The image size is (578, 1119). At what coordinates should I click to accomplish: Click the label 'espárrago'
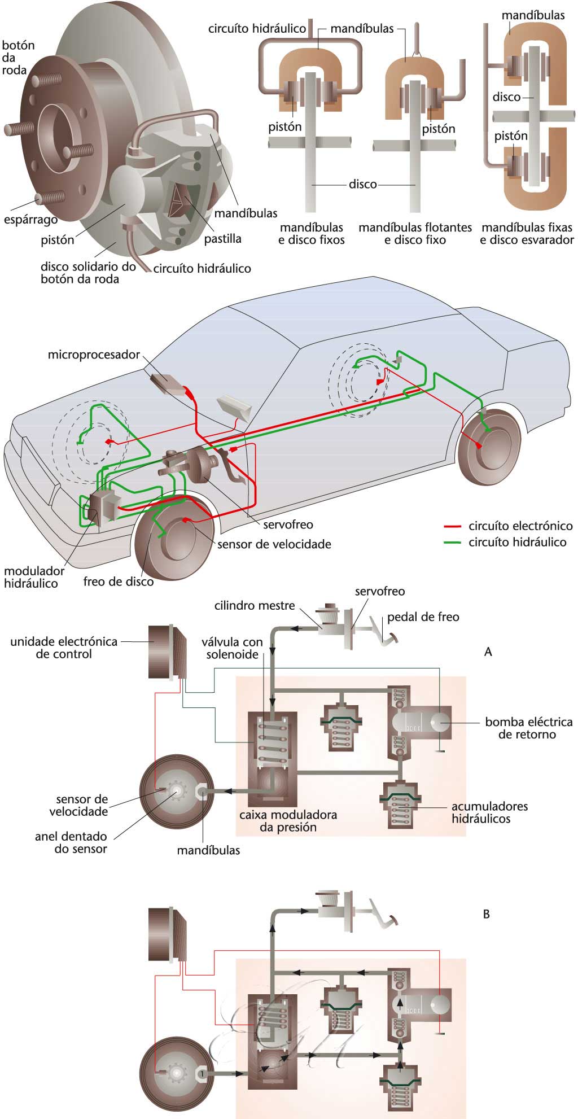(30, 220)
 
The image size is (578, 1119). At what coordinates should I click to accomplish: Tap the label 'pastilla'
(222, 239)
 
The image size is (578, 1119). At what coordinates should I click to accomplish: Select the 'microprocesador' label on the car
(94, 355)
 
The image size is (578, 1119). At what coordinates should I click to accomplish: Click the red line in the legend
(453, 526)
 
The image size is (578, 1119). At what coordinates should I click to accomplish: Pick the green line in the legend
(453, 543)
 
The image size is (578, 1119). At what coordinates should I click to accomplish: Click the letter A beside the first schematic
(488, 652)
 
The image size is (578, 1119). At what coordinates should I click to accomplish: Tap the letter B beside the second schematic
(487, 914)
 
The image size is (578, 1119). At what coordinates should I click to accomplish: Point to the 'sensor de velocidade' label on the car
(274, 544)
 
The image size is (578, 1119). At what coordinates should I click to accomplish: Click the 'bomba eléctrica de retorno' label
(528, 728)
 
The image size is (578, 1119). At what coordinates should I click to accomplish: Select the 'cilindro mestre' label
(255, 606)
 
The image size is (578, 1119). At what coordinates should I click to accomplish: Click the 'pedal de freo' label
(423, 617)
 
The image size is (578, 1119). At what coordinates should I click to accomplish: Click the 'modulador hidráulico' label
(34, 577)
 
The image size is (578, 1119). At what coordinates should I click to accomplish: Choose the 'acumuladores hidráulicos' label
(489, 812)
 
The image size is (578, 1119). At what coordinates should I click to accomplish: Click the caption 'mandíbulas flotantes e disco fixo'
(415, 234)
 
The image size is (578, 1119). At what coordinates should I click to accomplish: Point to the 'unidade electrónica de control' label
(64, 648)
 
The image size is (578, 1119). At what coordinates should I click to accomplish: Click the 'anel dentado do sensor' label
(71, 842)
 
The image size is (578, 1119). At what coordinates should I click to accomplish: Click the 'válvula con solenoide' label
(232, 648)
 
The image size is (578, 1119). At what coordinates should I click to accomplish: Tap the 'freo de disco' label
(118, 582)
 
